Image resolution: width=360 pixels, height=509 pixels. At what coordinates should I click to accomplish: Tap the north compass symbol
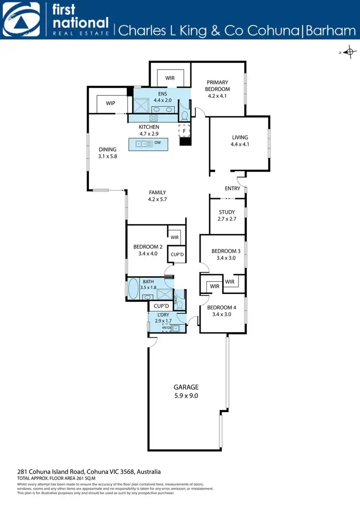350,52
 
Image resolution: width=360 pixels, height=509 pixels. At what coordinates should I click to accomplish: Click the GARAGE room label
186,387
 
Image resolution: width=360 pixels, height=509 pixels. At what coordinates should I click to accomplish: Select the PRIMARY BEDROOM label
217,85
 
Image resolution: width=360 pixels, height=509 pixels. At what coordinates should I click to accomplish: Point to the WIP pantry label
110,103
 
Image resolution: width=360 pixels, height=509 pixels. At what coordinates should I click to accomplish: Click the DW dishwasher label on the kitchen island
157,143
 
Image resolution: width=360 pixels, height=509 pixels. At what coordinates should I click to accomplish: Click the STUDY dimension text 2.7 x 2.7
227,219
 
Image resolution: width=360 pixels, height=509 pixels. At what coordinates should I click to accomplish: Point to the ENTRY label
233,189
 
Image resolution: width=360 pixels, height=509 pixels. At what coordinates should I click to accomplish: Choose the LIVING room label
240,138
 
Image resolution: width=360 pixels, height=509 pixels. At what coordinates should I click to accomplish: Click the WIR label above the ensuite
170,78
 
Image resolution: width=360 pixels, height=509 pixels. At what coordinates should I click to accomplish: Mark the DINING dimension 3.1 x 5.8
108,156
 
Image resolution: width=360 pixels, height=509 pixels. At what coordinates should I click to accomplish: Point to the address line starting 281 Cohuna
89,472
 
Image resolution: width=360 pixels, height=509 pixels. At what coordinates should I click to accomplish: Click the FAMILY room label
157,192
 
